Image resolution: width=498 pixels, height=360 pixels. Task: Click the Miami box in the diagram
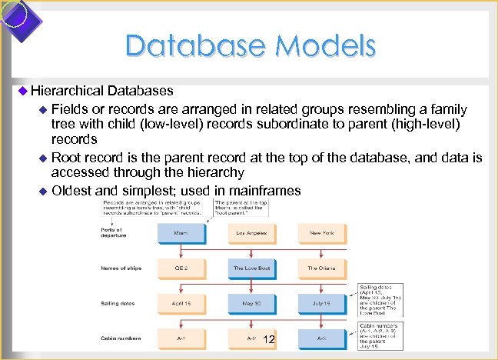181,233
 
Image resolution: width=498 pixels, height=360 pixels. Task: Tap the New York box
321,233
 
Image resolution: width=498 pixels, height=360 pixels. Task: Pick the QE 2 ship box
181,268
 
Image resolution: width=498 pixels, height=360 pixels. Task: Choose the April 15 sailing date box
181,303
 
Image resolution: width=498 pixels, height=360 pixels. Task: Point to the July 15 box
321,303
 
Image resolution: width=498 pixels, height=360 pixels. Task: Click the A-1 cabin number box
181,338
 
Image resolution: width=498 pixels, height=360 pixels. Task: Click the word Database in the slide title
189,47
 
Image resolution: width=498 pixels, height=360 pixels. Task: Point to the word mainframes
269,190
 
